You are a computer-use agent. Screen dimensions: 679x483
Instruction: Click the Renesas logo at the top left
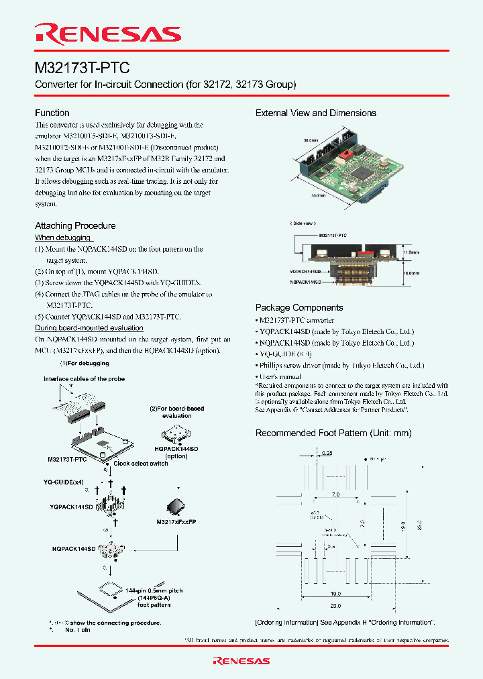(108, 34)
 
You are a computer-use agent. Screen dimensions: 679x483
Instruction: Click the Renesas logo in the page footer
(241, 661)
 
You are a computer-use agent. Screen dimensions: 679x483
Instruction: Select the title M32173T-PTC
(82, 68)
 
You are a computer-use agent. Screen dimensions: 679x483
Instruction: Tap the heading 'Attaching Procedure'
(75, 225)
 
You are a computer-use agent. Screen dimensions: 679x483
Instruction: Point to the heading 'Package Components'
(299, 307)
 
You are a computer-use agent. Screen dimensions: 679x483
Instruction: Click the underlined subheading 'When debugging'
(63, 238)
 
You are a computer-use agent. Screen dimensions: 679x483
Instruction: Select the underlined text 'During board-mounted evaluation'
(89, 327)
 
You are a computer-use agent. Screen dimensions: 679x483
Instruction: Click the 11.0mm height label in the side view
(410, 253)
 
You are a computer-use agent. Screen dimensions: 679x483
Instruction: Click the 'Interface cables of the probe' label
(84, 379)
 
